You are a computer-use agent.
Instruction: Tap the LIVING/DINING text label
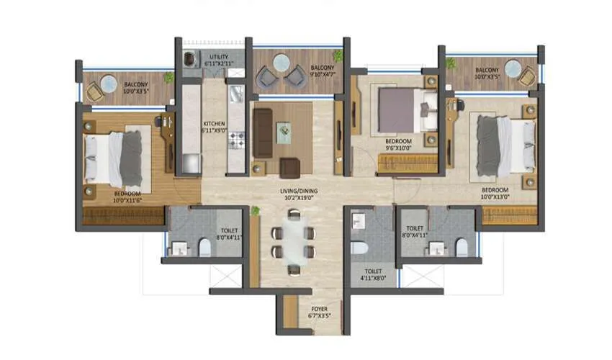tap(299, 191)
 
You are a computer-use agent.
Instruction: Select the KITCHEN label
tap(215, 123)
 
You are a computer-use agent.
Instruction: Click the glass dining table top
tap(293, 241)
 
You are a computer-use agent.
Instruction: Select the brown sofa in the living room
tap(262, 133)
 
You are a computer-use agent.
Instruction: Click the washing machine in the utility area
tap(190, 60)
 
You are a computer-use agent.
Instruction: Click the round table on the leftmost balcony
tap(109, 84)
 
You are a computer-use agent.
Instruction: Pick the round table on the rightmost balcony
tap(513, 68)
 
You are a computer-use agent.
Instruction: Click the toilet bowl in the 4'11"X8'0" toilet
tap(358, 247)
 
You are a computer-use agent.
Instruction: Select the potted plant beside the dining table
tap(255, 210)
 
